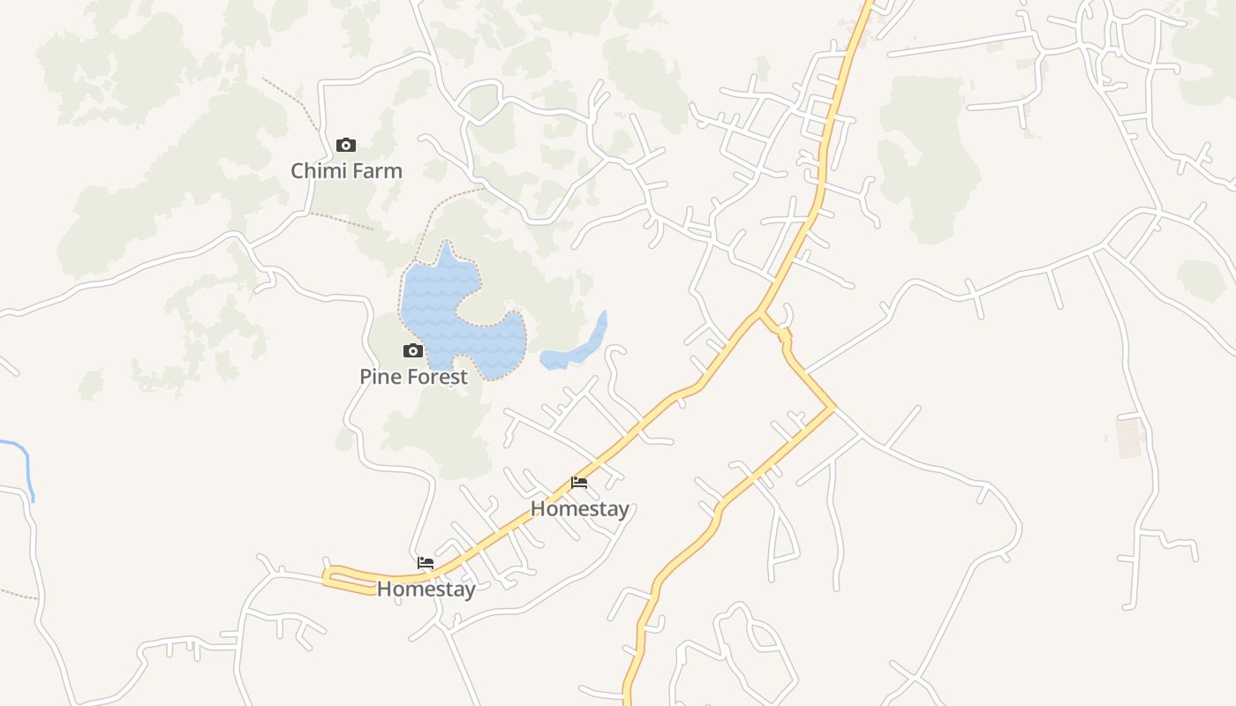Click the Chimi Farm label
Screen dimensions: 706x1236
tap(346, 171)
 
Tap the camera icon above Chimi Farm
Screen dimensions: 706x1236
tap(346, 145)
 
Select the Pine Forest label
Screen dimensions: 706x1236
tap(413, 377)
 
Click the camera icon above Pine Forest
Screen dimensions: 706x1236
tap(412, 351)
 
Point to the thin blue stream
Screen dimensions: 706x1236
tap(26, 463)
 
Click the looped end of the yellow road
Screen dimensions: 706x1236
tap(328, 577)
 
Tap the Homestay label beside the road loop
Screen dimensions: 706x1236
tap(426, 589)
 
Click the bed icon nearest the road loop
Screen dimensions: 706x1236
tap(426, 563)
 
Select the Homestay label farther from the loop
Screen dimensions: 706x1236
tap(579, 509)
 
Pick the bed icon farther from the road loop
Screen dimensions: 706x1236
tap(579, 483)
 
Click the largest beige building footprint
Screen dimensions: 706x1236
tap(1129, 437)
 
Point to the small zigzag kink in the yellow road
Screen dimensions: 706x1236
tap(783, 334)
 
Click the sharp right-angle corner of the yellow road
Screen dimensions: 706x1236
tap(833, 408)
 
